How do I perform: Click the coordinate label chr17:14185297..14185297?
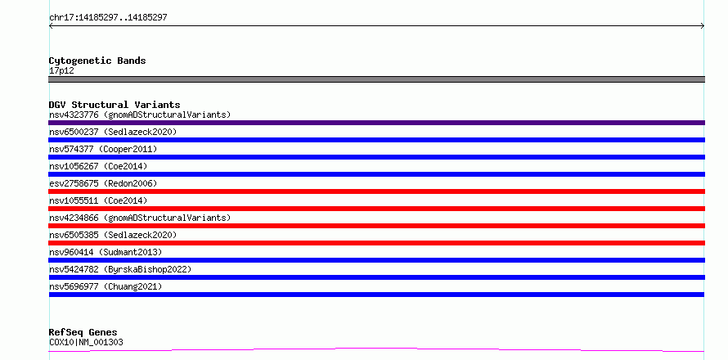(x=108, y=18)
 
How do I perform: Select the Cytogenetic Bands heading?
(x=97, y=61)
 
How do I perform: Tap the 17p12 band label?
(x=61, y=71)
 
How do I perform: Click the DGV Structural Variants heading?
(x=115, y=105)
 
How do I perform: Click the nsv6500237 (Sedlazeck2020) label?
(x=113, y=132)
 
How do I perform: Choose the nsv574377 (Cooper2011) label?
(x=103, y=149)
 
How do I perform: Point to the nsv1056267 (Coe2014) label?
(x=98, y=166)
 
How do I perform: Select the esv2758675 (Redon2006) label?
(x=103, y=183)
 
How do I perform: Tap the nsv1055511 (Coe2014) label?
(x=98, y=200)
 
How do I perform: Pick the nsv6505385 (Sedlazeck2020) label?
(x=113, y=235)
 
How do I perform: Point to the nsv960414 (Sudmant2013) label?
(x=106, y=252)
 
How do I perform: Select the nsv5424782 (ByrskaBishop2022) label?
(x=120, y=269)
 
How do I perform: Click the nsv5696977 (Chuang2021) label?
(x=106, y=286)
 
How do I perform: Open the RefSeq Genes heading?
(x=83, y=333)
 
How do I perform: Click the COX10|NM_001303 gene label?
(x=86, y=343)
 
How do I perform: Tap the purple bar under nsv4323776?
(x=376, y=123)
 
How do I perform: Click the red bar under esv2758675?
(x=376, y=191)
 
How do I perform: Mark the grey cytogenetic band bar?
(x=376, y=79)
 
